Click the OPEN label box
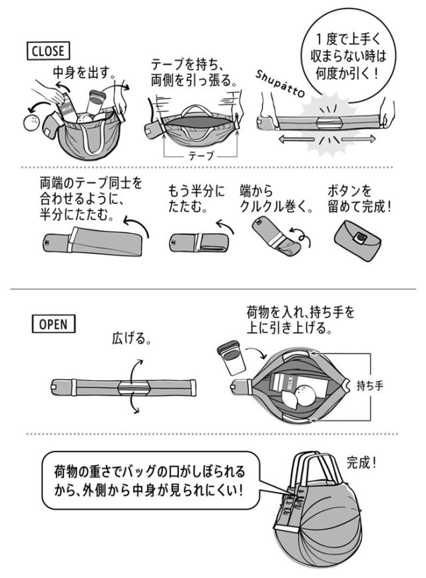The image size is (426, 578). (54, 324)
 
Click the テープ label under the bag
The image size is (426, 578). (200, 155)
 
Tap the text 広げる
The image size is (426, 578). (131, 339)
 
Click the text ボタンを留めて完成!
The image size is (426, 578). (360, 198)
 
